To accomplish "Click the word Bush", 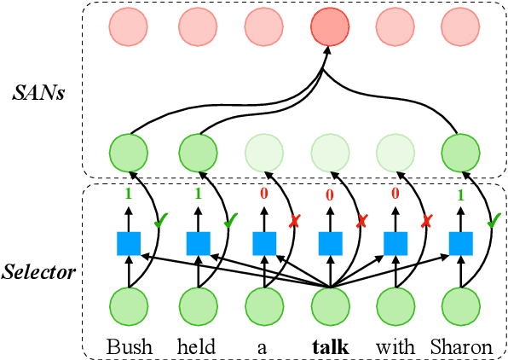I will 130,347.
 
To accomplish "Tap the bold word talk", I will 329,347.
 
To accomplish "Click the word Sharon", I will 462,347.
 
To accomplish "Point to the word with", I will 395,347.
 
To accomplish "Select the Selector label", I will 40,272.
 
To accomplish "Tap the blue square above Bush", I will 129,244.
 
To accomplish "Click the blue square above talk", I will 329,244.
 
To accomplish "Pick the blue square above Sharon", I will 461,244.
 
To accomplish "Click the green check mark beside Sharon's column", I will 494,221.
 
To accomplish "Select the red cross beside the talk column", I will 360,221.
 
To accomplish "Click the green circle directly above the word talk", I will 329,306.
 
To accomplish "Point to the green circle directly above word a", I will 263,306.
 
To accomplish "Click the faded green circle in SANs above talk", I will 329,154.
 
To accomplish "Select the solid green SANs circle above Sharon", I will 461,154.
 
